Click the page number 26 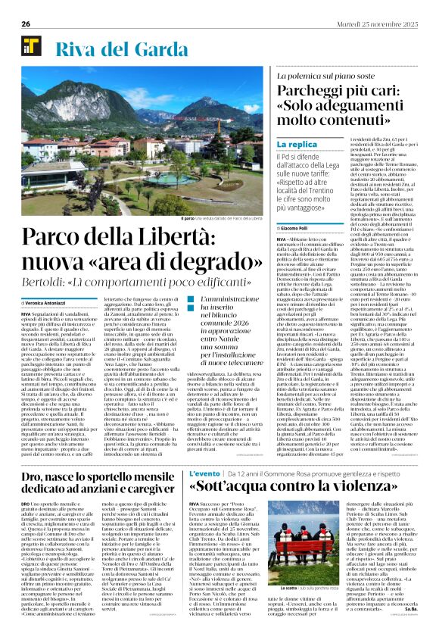click(26, 23)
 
